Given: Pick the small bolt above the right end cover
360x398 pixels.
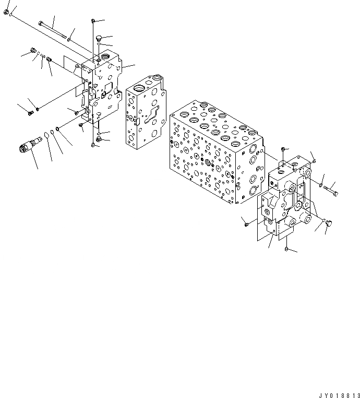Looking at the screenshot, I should (x=282, y=151).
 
